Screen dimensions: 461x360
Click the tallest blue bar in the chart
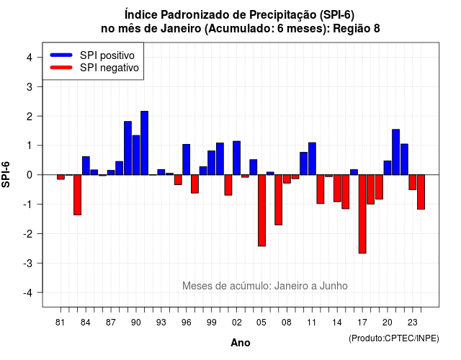tap(144, 143)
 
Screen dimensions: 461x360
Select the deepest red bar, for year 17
tap(362, 214)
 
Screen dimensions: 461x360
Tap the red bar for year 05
tap(261, 210)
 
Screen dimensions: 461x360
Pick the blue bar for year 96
tap(186, 160)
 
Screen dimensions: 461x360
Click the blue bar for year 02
tap(237, 158)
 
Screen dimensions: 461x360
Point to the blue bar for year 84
tap(86, 166)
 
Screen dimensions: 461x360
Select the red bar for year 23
tap(413, 182)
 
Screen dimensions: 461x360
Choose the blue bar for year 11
tap(312, 158)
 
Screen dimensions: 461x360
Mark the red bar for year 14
tap(337, 189)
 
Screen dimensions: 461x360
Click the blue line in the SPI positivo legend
tap(61, 55)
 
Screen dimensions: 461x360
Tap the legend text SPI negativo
tap(109, 68)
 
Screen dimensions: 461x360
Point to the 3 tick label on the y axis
tap(30, 86)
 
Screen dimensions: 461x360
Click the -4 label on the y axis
tap(28, 293)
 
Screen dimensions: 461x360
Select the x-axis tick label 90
tap(136, 323)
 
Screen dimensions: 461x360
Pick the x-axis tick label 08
tap(287, 323)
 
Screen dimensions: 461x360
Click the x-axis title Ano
tap(241, 343)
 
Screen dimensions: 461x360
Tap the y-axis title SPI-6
tap(6, 174)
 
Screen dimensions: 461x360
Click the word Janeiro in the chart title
tap(181, 29)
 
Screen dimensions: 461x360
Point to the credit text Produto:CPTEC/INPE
tap(394, 338)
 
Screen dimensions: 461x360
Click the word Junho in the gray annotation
tap(334, 286)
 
